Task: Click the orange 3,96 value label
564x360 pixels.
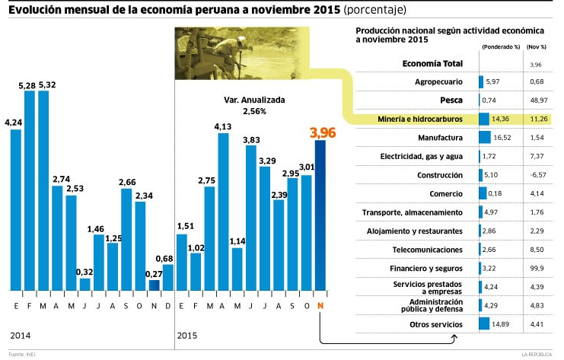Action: click(x=322, y=132)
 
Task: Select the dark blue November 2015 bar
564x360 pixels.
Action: click(x=321, y=216)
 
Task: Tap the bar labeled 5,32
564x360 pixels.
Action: click(x=43, y=190)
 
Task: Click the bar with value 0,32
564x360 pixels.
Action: click(x=84, y=284)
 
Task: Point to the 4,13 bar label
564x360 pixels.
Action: click(x=223, y=126)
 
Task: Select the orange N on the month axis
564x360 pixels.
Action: click(x=320, y=305)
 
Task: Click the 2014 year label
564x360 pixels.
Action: click(x=21, y=335)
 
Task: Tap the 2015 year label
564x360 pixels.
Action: click(x=186, y=335)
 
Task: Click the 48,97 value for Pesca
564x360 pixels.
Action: click(x=539, y=100)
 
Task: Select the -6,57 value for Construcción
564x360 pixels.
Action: click(x=538, y=175)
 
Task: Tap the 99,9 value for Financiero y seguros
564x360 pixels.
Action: click(x=539, y=269)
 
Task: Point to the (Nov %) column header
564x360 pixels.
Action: click(x=537, y=46)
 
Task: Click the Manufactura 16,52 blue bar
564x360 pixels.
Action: click(x=485, y=138)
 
